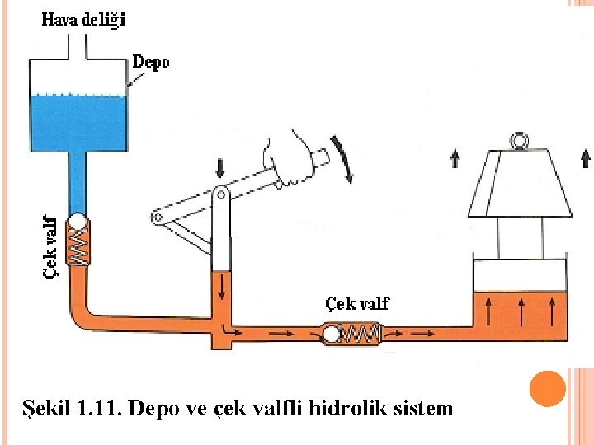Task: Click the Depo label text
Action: (151, 62)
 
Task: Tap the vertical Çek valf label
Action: (50, 246)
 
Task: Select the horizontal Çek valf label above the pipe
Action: (356, 303)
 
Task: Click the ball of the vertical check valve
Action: (78, 222)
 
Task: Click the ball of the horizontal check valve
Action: (332, 334)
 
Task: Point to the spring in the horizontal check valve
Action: (360, 334)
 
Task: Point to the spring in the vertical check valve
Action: (78, 246)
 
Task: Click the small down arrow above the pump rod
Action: (219, 168)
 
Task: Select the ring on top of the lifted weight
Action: (520, 141)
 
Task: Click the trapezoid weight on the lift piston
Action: (520, 185)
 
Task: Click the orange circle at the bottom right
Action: (547, 389)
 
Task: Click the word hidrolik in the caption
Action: (353, 407)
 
